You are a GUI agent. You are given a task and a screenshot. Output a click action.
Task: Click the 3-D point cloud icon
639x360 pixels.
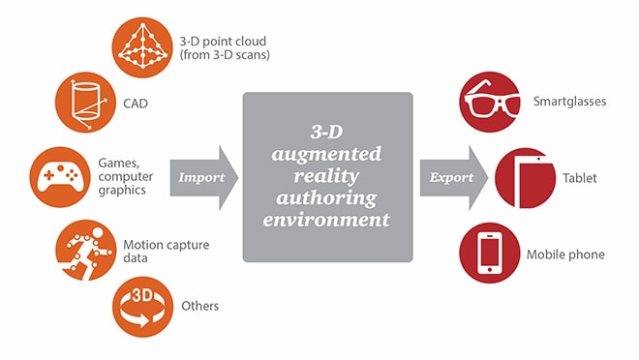(x=141, y=46)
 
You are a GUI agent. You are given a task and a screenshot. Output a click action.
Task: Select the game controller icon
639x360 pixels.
(x=59, y=177)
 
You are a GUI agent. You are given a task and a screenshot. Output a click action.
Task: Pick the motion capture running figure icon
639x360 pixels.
(x=85, y=250)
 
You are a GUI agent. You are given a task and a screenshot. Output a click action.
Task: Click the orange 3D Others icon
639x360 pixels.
(x=142, y=305)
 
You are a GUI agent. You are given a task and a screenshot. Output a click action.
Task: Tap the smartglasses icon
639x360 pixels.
(x=488, y=101)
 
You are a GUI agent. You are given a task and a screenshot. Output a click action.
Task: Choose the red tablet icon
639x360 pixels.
(x=524, y=178)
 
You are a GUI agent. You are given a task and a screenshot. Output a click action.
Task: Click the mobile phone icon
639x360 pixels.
(x=488, y=254)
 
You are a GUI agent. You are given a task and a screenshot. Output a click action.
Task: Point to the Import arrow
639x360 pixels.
(x=204, y=177)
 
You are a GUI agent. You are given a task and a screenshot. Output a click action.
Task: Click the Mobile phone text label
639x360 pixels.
(x=565, y=255)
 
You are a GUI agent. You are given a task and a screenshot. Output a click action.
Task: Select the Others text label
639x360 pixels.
(x=199, y=306)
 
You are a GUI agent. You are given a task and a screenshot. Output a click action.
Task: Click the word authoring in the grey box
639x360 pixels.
(x=327, y=199)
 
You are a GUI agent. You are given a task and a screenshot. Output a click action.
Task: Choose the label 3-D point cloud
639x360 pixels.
(x=227, y=41)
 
